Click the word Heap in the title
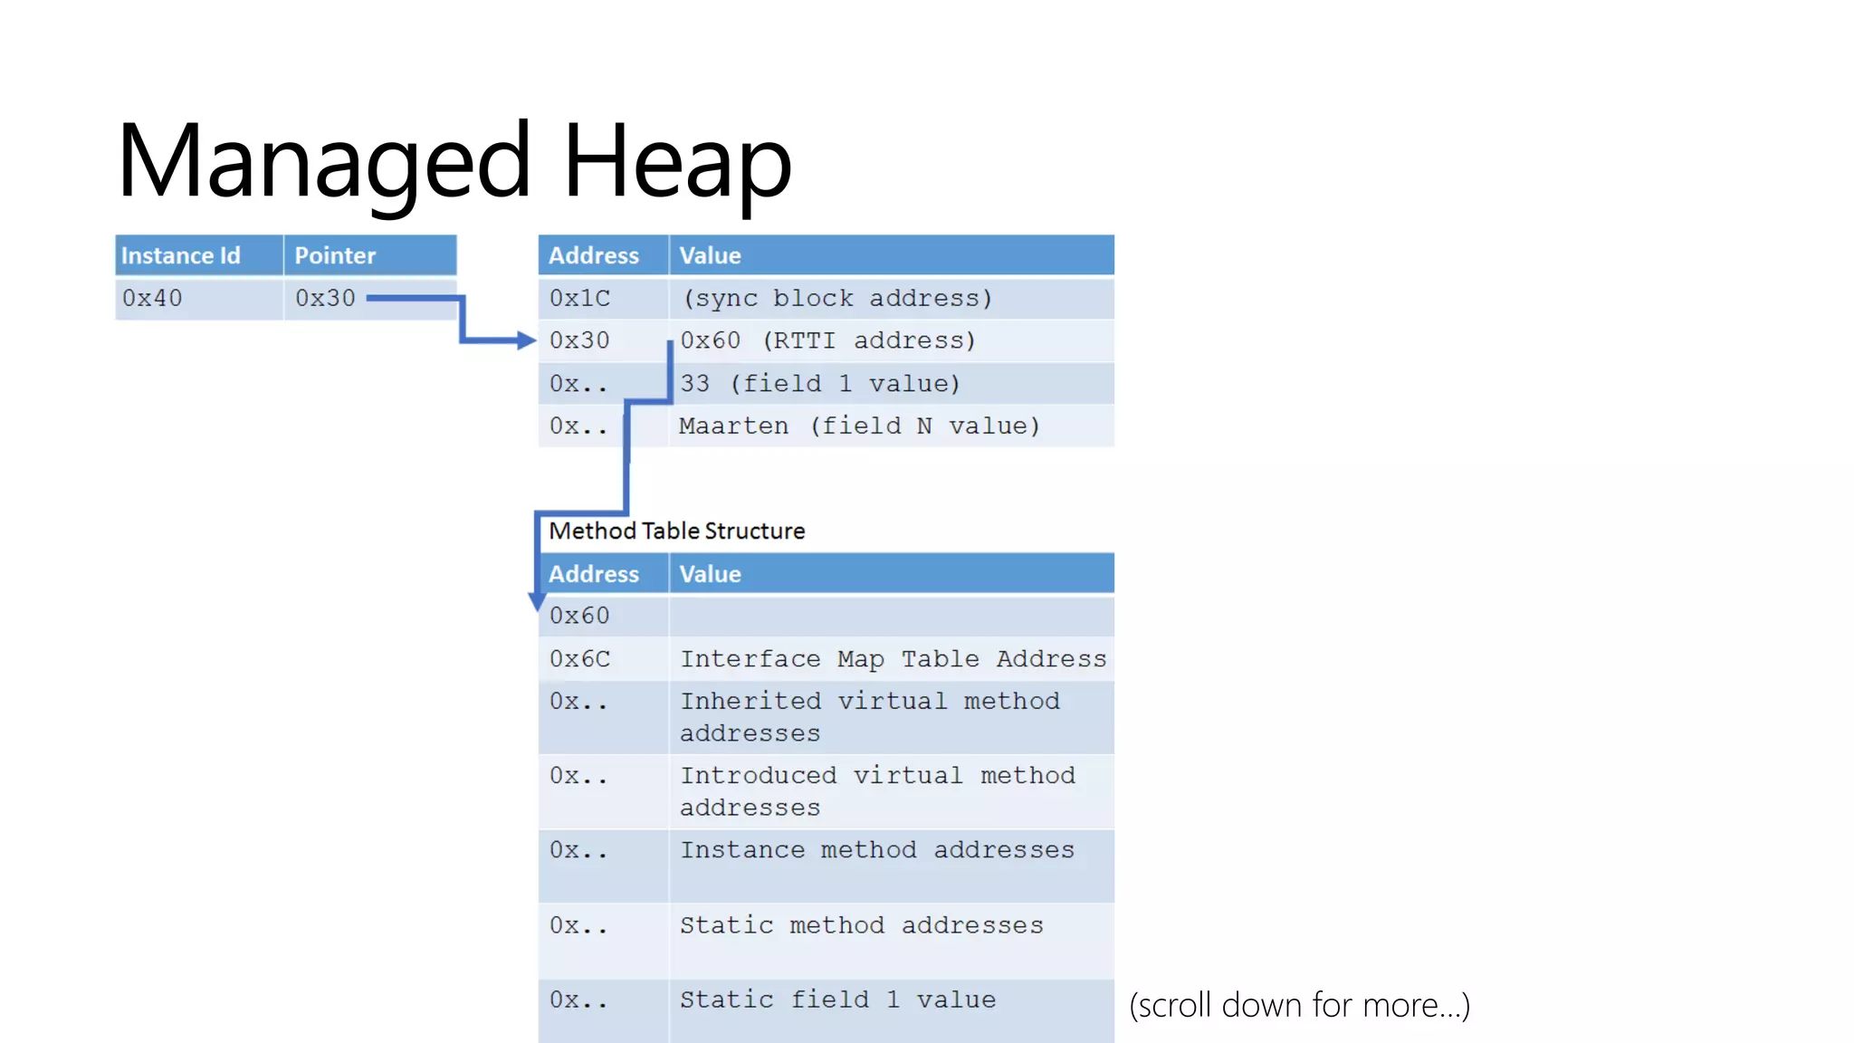pyautogui.click(x=676, y=163)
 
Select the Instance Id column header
pyautogui.click(x=181, y=256)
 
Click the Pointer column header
pyautogui.click(x=335, y=256)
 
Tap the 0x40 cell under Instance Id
pyautogui.click(x=152, y=299)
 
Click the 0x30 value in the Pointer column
pyautogui.click(x=325, y=299)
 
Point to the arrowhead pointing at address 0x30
pyautogui.click(x=527, y=340)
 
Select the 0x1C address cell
pyautogui.click(x=579, y=299)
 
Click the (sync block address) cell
pyautogui.click(x=837, y=299)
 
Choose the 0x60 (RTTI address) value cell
pyautogui.click(x=827, y=341)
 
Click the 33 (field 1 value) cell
pyautogui.click(x=819, y=384)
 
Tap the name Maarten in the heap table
pyautogui.click(x=733, y=426)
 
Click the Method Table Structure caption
pyautogui.click(x=676, y=531)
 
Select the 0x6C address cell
pyautogui.click(x=579, y=659)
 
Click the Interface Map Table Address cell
pyautogui.click(x=893, y=659)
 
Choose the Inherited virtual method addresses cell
pyautogui.click(x=869, y=717)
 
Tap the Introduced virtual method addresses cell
pyautogui.click(x=876, y=791)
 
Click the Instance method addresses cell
pyautogui.click(x=876, y=850)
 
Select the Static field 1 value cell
pyautogui.click(x=837, y=1000)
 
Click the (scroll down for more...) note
pyautogui.click(x=1299, y=1006)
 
